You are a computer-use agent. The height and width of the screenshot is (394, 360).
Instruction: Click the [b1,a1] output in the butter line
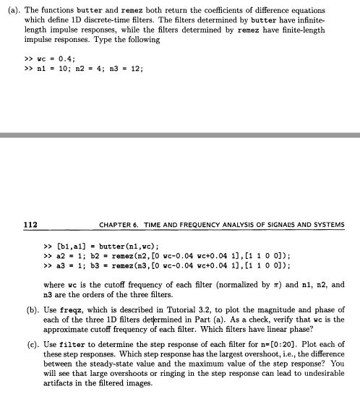72,246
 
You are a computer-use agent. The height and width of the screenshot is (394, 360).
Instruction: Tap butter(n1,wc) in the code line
122,246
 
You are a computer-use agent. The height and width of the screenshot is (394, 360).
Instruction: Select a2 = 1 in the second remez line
71,256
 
